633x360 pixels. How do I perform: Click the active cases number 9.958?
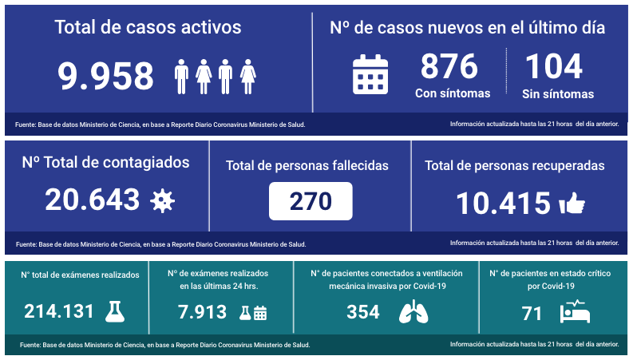pos(105,77)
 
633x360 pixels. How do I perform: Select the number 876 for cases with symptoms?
pos(449,67)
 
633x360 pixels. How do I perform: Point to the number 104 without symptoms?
pos(553,67)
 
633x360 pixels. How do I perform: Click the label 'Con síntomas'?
pos(453,93)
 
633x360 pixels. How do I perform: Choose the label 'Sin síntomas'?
pos(558,94)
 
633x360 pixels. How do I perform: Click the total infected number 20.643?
pos(92,200)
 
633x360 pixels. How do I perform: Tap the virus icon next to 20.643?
pos(163,200)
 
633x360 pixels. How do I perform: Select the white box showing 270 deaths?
pos(311,201)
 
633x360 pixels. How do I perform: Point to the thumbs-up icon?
pos(572,204)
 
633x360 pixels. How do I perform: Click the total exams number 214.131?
pos(60,312)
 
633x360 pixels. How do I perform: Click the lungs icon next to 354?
pos(412,312)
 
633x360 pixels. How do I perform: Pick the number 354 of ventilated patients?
pos(363,312)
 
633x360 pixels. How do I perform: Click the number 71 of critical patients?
pos(532,313)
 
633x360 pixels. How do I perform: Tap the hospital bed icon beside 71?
pos(575,311)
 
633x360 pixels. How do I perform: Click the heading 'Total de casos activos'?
pos(148,27)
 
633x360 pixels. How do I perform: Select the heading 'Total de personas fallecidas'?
pos(307,166)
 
